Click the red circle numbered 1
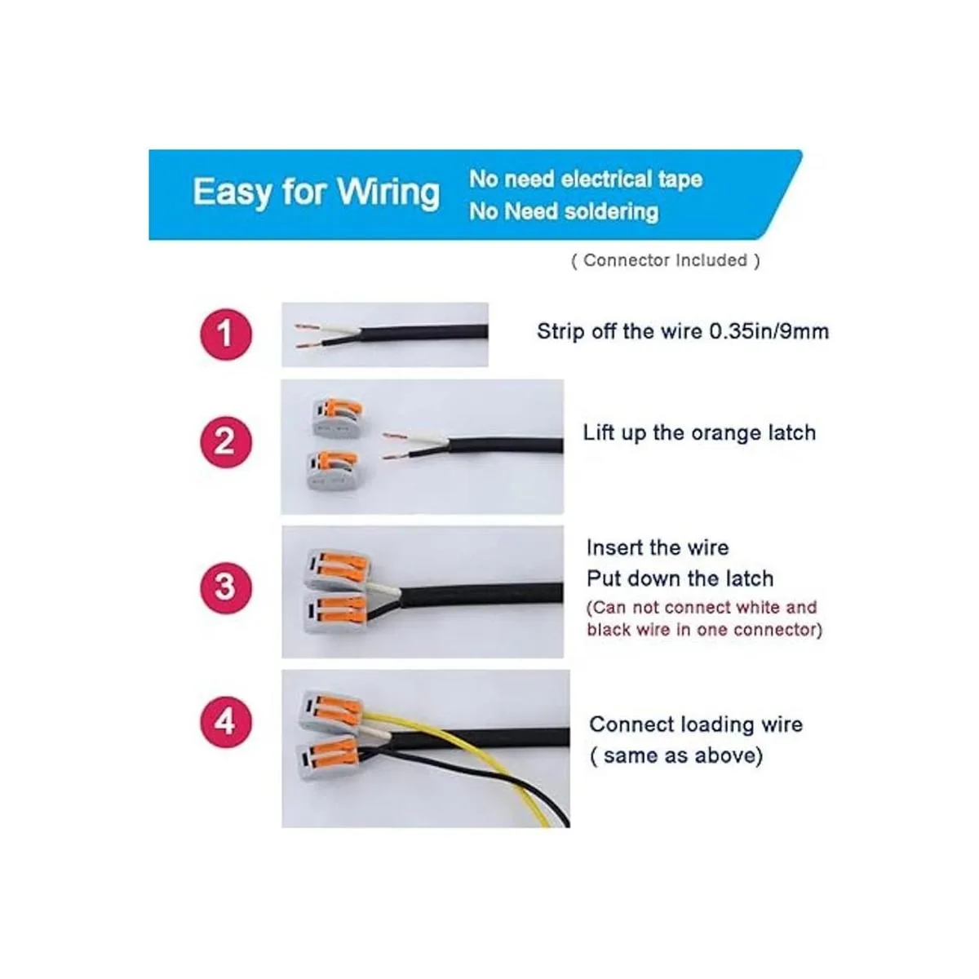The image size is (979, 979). (x=225, y=334)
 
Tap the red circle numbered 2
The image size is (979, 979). (x=225, y=442)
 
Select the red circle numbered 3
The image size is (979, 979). (x=225, y=587)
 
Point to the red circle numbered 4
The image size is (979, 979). (x=225, y=722)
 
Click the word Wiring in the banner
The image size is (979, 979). (x=388, y=193)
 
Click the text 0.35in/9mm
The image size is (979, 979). (x=769, y=332)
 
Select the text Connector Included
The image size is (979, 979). (x=665, y=260)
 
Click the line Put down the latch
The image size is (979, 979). (x=680, y=578)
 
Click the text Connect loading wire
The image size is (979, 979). (x=696, y=724)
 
